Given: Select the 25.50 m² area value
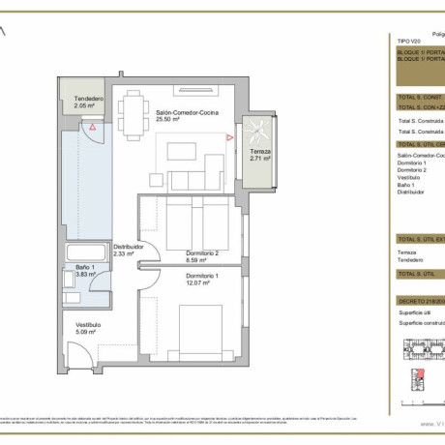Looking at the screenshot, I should [170, 119].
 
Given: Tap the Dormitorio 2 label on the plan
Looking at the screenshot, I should [204, 253].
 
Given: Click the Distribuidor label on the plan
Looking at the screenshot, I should [128, 246].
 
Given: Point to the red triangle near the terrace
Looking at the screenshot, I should [229, 138].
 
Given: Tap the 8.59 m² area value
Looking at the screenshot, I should [197, 261].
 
